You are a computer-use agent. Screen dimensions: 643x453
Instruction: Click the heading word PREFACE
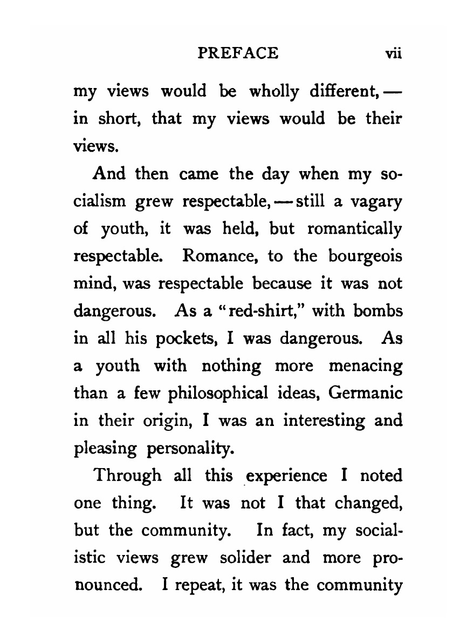click(238, 53)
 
